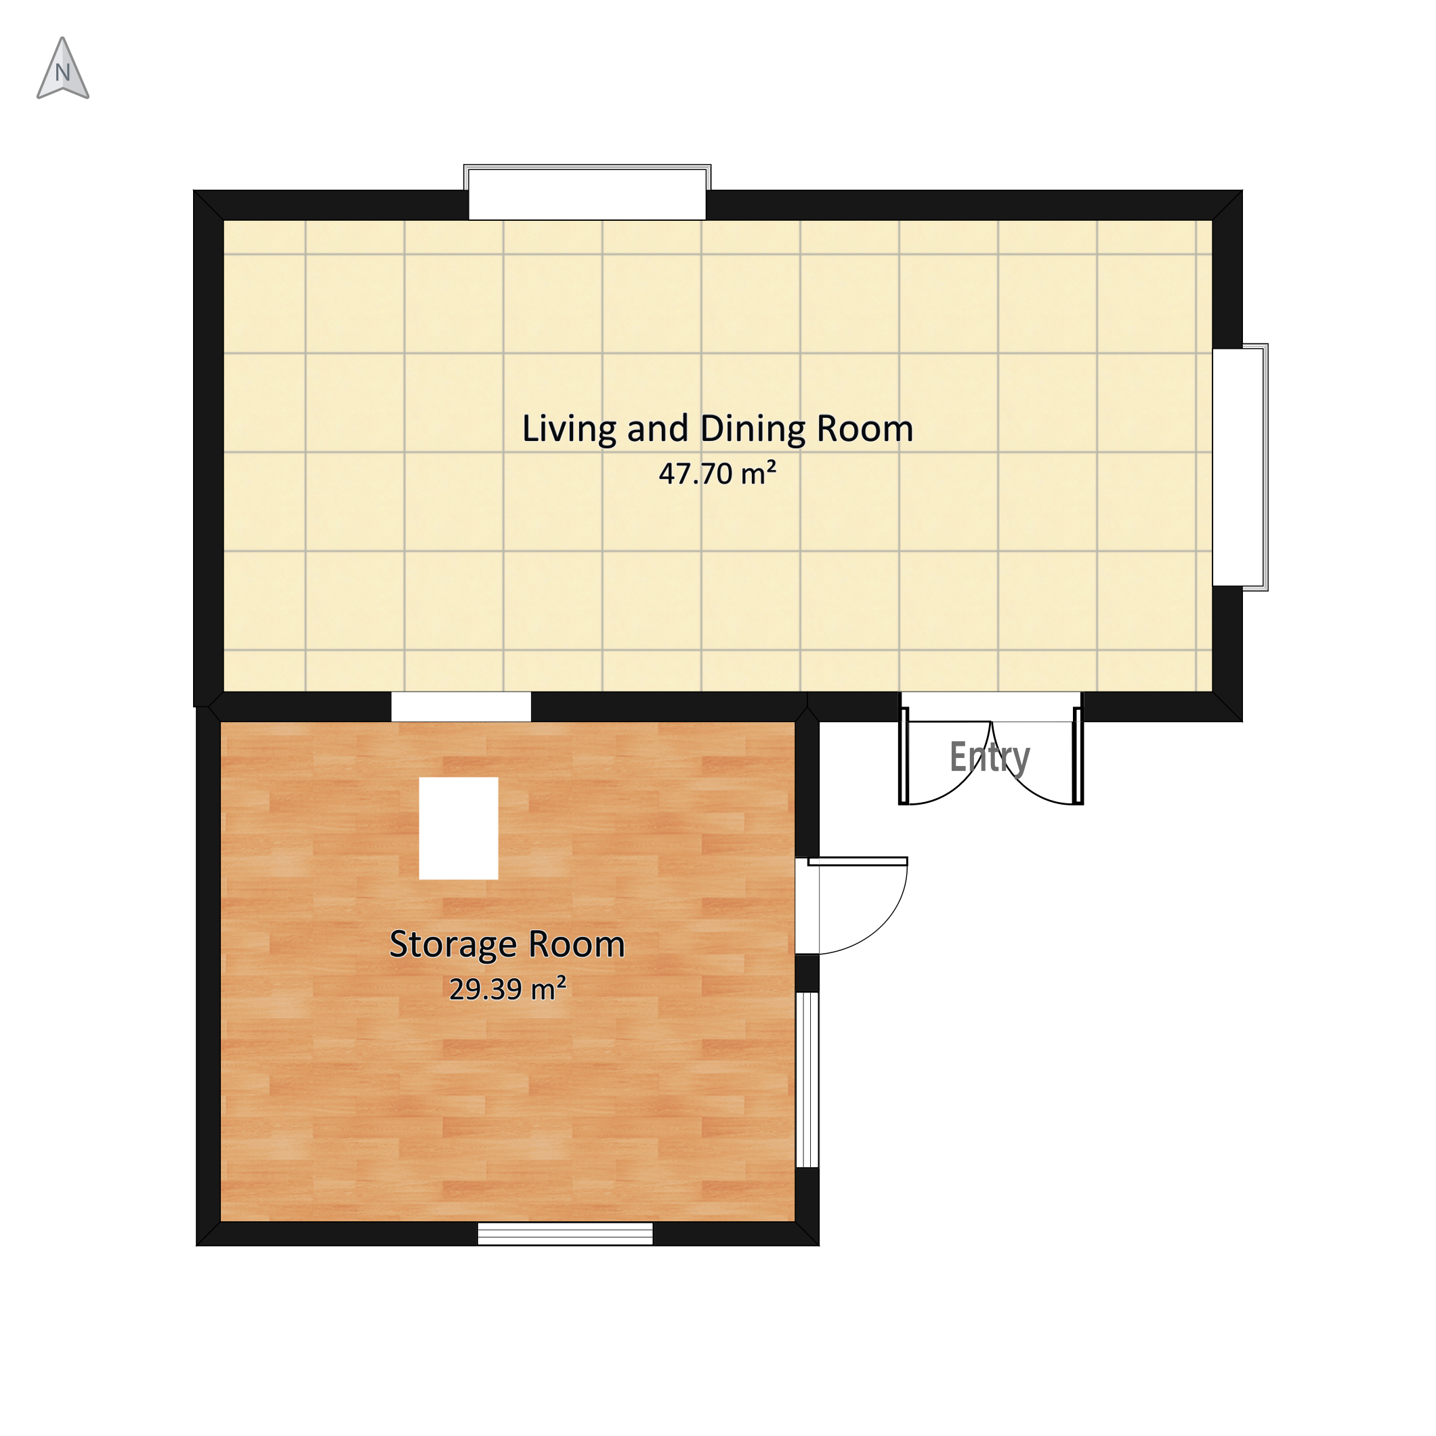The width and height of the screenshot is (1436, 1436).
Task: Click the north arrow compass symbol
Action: click(x=63, y=68)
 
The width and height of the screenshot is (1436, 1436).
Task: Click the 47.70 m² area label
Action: click(x=717, y=473)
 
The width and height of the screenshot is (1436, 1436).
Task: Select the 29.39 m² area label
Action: click(x=507, y=988)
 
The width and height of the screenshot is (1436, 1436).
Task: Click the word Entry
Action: click(x=990, y=758)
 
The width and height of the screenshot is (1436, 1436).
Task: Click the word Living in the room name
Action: click(x=568, y=429)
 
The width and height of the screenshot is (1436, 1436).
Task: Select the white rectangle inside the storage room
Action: click(x=459, y=828)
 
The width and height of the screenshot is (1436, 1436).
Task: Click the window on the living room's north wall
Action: click(x=587, y=192)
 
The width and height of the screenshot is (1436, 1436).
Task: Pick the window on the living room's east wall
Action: click(x=1240, y=467)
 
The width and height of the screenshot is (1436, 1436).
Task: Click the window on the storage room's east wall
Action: click(x=807, y=1079)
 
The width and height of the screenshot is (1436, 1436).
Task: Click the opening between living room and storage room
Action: click(x=461, y=706)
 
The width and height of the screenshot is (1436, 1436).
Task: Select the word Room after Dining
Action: click(x=865, y=429)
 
